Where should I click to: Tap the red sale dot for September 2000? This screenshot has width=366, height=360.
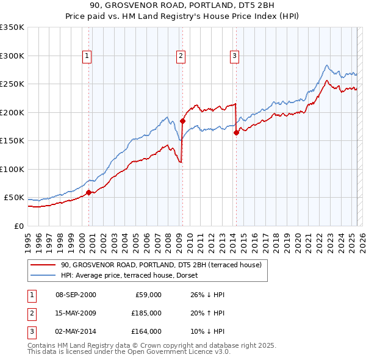[88, 192]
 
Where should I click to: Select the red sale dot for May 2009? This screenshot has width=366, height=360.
[182, 121]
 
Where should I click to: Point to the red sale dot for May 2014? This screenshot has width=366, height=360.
[236, 133]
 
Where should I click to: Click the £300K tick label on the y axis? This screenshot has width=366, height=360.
[12, 56]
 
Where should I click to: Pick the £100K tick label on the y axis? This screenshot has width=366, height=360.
[12, 169]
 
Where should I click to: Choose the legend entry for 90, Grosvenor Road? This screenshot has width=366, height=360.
[161, 265]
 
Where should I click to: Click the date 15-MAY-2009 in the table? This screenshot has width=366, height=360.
[76, 313]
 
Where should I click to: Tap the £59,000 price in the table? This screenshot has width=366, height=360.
[146, 295]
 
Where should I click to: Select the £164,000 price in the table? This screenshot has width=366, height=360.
[146, 331]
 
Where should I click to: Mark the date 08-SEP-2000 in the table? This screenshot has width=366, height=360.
[76, 295]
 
